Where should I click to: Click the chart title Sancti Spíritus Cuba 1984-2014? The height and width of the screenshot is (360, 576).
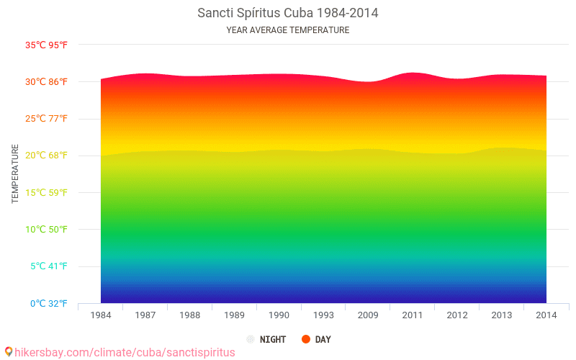pos(287,13)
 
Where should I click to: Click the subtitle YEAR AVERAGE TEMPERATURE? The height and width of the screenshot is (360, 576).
pos(287,30)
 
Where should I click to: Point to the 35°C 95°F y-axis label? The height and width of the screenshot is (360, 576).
pos(47,45)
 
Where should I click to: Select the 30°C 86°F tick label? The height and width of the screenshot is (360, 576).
pos(47,82)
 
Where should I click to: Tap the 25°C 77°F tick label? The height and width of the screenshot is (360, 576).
pos(47,119)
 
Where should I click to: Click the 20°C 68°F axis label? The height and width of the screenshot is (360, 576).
pos(47,156)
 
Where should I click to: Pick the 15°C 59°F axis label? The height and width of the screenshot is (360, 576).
pos(47,193)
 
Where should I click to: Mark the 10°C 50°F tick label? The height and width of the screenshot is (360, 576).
pos(47,230)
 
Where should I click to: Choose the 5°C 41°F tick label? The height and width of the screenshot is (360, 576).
pos(49,266)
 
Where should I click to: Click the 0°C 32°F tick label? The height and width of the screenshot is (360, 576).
pos(49,304)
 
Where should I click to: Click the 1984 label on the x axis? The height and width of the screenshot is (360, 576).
pos(101,315)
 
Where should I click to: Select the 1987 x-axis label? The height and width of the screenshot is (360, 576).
pos(145,315)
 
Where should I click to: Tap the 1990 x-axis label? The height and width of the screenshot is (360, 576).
pos(279,315)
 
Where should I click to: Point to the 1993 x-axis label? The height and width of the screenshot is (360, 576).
pos(323,315)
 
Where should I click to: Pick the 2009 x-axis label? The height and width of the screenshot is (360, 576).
pos(368,315)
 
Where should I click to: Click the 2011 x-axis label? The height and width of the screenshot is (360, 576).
pos(413,315)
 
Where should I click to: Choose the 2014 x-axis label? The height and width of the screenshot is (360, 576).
pos(546,315)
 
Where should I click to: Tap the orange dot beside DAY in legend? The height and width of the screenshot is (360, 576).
pos(306,339)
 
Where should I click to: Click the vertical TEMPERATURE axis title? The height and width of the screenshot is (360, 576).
pos(15,174)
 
